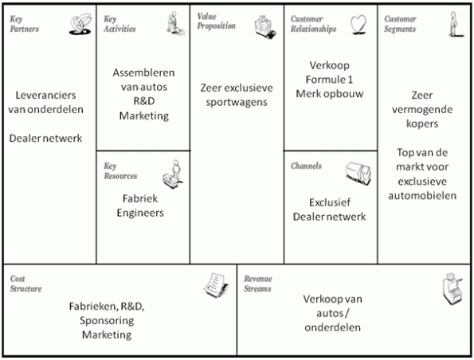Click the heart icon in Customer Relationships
point(358,25)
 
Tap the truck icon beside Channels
point(358,173)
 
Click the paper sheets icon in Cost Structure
point(216,285)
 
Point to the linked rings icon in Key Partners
point(80,24)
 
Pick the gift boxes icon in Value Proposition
point(265,26)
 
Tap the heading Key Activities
point(119,24)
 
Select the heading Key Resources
point(120,170)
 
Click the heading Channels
point(306,166)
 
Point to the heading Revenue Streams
point(258,284)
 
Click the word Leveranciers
point(45,96)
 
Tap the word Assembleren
point(143,72)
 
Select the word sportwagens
point(237,103)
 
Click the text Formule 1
point(329,80)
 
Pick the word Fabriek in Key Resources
point(140,198)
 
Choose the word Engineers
point(140,213)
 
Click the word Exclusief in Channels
point(330,202)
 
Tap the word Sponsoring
point(107,321)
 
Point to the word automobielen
point(422,196)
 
